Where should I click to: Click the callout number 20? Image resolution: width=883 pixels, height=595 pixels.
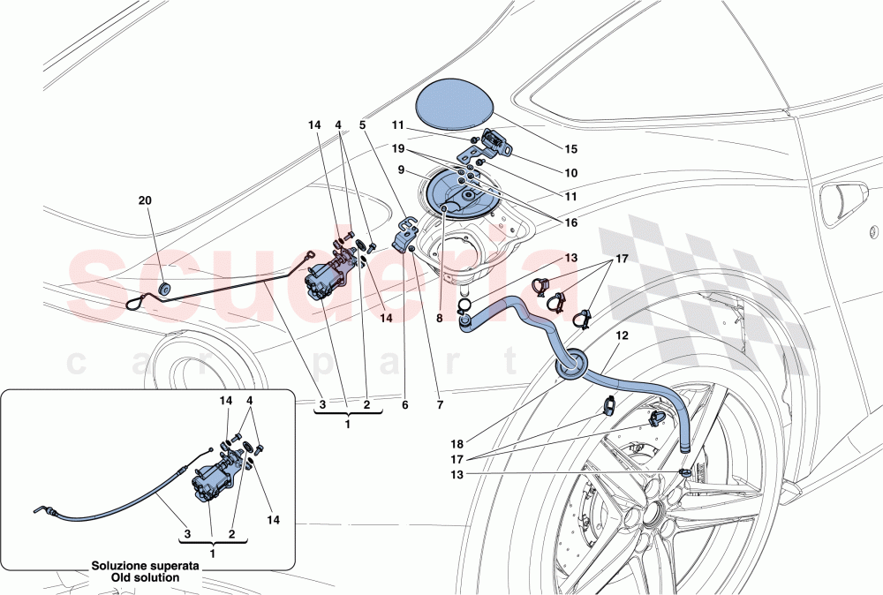coord(146,201)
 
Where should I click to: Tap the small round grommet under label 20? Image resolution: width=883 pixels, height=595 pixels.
coord(164,289)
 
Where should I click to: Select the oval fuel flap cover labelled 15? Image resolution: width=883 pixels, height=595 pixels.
coord(455,103)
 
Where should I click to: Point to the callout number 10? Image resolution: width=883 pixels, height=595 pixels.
coord(571,173)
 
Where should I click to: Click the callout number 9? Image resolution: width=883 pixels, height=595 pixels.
coord(400,169)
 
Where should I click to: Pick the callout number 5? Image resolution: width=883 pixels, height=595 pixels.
coord(362,126)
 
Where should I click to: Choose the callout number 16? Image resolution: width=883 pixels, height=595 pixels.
coord(571,224)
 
